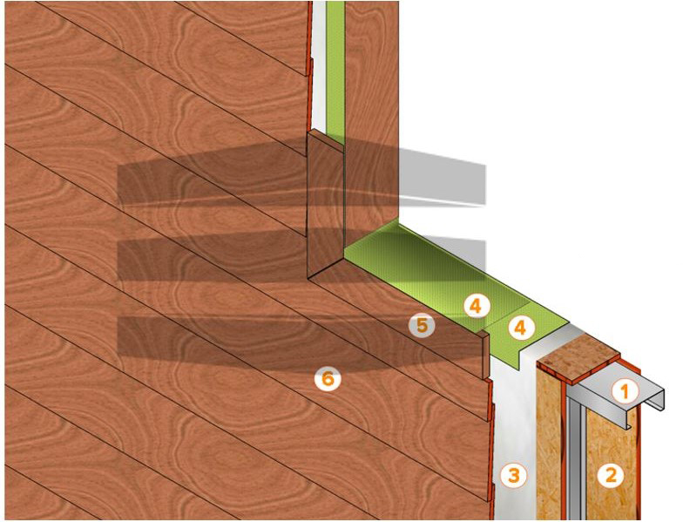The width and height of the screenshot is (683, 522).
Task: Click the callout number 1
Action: (x=626, y=390)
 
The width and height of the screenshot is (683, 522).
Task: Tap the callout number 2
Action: (x=612, y=474)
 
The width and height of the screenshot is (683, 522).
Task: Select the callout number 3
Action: (x=514, y=474)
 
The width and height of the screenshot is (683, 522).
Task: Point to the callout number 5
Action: (x=422, y=325)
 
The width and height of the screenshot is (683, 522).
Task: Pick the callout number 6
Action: (x=328, y=378)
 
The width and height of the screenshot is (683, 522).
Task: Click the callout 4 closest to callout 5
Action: (x=476, y=307)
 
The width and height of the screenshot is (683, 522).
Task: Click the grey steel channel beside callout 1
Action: (x=619, y=394)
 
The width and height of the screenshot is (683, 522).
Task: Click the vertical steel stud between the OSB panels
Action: (x=576, y=458)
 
